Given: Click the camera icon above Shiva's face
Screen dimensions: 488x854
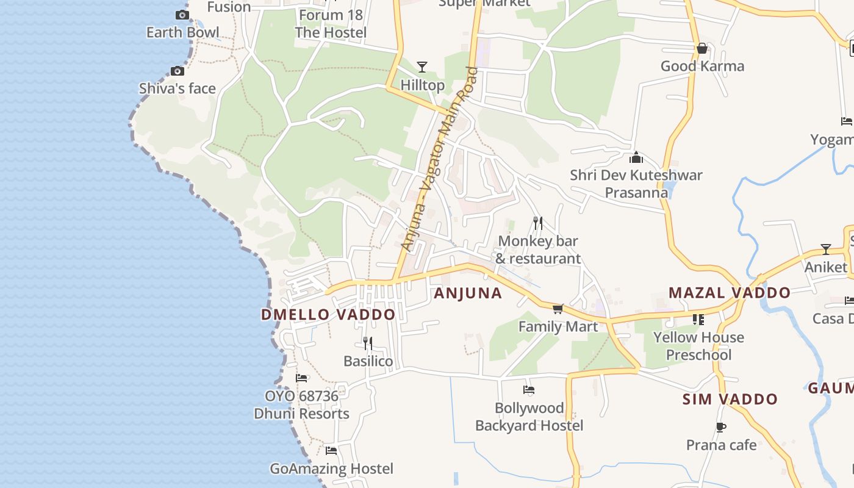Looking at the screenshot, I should [x=178, y=71].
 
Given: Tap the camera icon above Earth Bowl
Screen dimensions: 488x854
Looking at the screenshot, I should [x=182, y=15].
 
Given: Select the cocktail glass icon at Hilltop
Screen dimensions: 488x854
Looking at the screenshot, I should [x=422, y=66].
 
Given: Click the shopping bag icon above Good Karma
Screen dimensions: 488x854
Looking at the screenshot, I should [x=702, y=48].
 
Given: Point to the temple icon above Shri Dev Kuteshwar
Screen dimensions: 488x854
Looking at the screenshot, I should [x=636, y=157].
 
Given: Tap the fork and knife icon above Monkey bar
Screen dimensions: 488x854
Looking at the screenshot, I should [x=537, y=223].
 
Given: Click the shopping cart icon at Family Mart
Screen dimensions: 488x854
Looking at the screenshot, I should [x=558, y=309].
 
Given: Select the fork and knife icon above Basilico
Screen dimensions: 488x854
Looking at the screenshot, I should [x=367, y=343].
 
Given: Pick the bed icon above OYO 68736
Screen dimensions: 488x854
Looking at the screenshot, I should [x=301, y=378].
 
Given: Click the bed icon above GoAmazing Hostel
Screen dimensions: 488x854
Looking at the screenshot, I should [x=331, y=451].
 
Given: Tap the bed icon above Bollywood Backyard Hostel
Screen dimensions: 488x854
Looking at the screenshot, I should [x=529, y=390].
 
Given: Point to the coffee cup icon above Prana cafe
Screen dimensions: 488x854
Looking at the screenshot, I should [x=720, y=427].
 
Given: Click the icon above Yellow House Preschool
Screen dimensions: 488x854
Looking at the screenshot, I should [x=698, y=320].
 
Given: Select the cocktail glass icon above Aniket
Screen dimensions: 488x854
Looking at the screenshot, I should [x=825, y=249].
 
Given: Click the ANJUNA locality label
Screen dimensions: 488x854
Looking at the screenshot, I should [x=468, y=293].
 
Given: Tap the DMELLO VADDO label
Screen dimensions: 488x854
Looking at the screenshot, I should [x=328, y=315].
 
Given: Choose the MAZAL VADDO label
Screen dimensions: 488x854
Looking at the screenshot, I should [x=730, y=293].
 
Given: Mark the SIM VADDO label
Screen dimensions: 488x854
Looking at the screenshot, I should [x=730, y=400].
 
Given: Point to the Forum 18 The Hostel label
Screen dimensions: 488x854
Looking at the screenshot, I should [x=331, y=24].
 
